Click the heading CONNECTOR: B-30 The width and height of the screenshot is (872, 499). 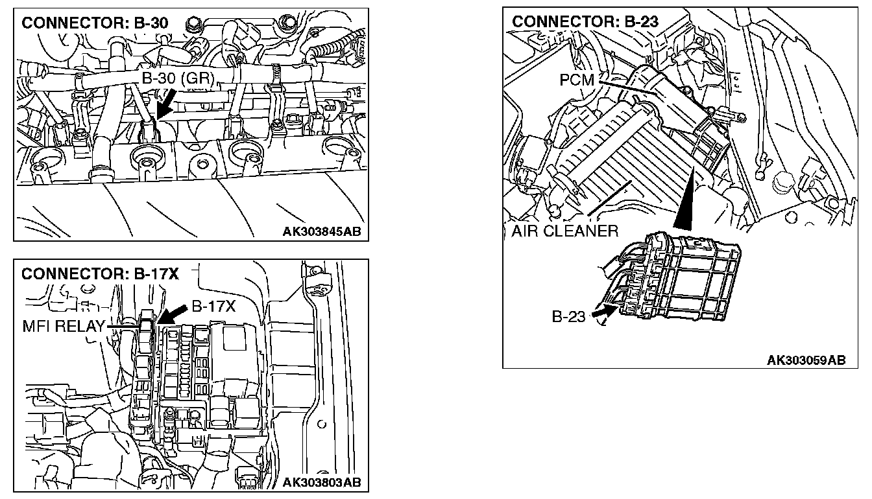pos(95,23)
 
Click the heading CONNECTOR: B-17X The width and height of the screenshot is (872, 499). pos(99,273)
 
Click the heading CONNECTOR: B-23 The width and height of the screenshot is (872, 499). pos(585,21)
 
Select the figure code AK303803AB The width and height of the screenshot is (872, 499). pos(322,482)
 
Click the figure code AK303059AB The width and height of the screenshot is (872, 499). pos(806,360)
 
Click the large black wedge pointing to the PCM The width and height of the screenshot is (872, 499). pos(685,202)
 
